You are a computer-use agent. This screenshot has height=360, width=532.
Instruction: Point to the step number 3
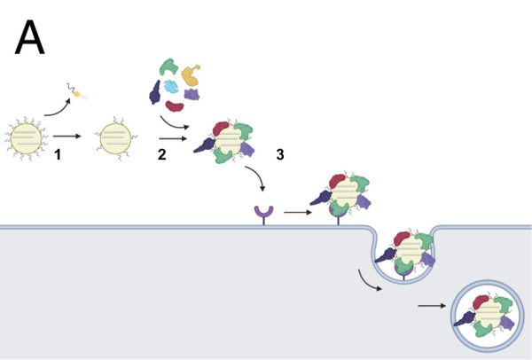(x=280, y=155)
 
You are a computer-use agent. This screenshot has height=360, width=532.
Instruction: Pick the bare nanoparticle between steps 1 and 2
(x=116, y=139)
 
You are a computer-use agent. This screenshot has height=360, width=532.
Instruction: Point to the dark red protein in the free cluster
(x=174, y=106)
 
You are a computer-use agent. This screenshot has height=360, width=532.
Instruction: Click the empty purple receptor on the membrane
(x=264, y=213)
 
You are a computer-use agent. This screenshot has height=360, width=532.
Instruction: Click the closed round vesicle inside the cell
(x=485, y=313)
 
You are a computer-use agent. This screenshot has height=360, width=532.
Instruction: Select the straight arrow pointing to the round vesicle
(x=431, y=308)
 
